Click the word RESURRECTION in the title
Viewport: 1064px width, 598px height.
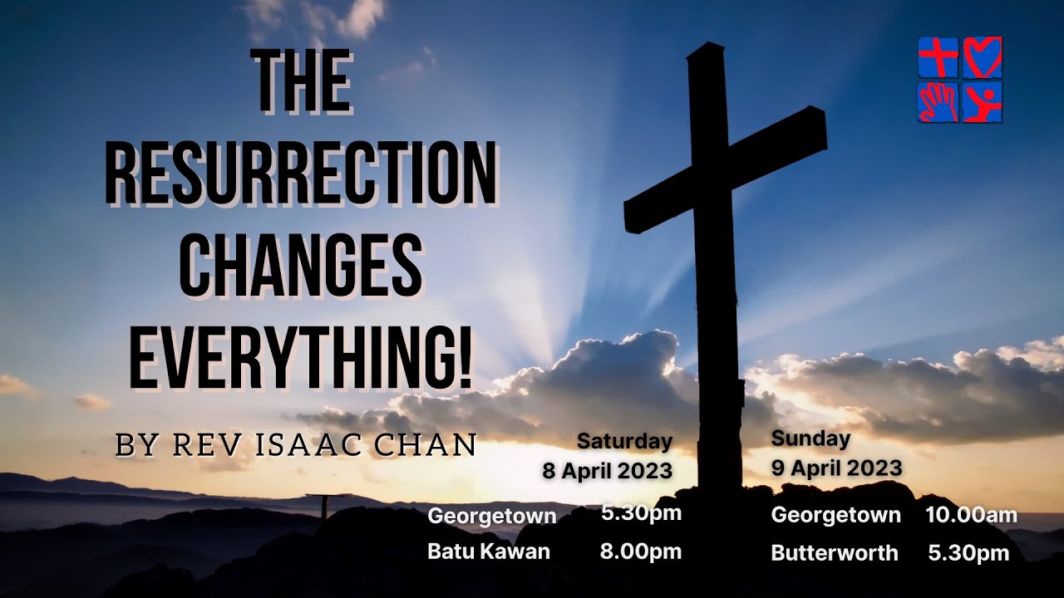(x=301, y=175)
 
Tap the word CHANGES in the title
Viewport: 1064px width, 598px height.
(x=301, y=268)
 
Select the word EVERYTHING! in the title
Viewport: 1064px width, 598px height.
(x=301, y=360)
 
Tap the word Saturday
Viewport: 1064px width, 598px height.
(x=624, y=441)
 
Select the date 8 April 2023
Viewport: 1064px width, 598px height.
(x=607, y=471)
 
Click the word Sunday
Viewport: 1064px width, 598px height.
(x=810, y=439)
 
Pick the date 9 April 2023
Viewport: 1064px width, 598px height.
(x=836, y=468)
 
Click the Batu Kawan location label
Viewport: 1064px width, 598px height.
(x=489, y=551)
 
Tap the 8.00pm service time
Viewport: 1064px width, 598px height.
(x=640, y=551)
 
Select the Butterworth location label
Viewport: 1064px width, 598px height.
(x=835, y=553)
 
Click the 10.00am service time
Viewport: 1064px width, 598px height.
(x=971, y=515)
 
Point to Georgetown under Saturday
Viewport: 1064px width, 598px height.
(x=491, y=516)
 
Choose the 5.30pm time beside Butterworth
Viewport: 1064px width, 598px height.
(x=968, y=553)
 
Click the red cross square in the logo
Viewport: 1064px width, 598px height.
(x=938, y=57)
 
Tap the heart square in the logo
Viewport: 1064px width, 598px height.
(x=983, y=57)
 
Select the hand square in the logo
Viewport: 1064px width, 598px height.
(x=938, y=102)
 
